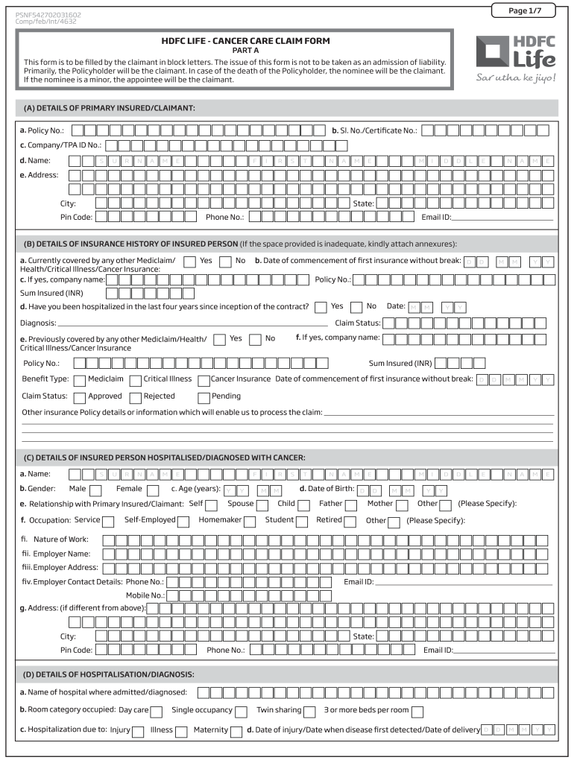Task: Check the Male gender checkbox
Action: click(95, 490)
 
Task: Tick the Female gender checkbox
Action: click(153, 490)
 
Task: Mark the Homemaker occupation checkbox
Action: click(250, 522)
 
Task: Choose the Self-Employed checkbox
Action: click(183, 522)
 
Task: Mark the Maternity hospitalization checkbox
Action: click(236, 731)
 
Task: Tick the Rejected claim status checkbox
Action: click(135, 397)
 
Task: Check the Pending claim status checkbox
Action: click(204, 397)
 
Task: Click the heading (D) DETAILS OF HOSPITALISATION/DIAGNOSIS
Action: click(109, 674)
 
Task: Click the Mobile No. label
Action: click(145, 595)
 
